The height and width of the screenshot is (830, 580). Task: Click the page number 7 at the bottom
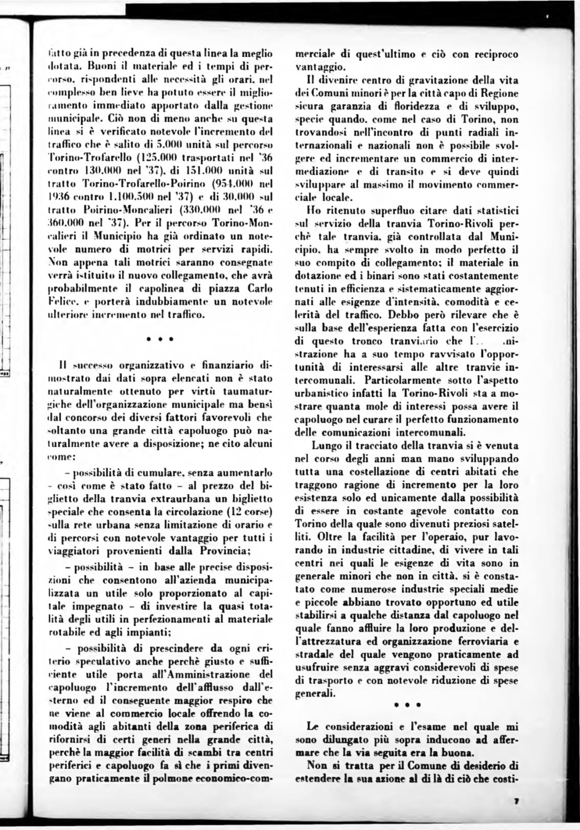[x=517, y=802]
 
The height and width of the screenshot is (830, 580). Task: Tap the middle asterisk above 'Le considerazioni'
[x=407, y=704]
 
